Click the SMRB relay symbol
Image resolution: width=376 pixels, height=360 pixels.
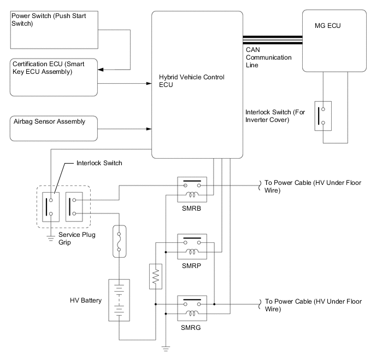(191, 189)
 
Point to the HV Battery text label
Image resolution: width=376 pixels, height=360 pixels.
(85, 300)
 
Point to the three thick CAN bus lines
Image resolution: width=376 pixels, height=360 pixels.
(272, 40)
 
